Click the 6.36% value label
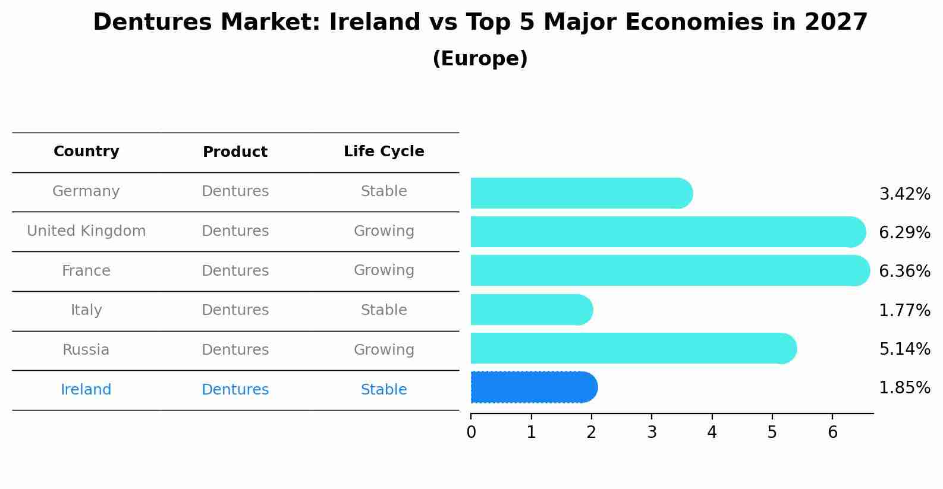904,272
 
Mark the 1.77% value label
904,310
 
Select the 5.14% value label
904,349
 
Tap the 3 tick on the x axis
652,432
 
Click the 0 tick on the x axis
471,432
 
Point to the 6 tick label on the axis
832,432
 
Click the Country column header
86,152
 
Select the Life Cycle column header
384,152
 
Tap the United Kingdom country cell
86,231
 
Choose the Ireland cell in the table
86,390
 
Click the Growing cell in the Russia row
384,350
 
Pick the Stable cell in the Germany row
384,191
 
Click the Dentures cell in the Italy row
235,310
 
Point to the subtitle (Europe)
480,59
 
